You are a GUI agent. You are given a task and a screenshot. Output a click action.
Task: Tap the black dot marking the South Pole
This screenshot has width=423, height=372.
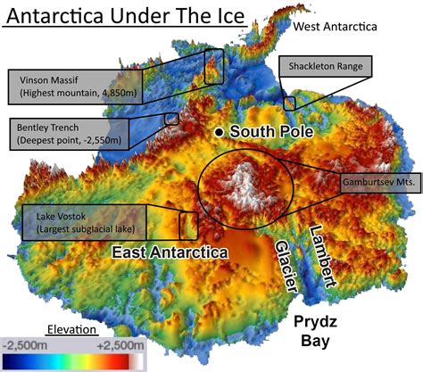pyautogui.click(x=219, y=132)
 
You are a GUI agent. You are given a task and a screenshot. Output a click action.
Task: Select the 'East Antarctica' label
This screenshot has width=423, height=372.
pyautogui.click(x=170, y=253)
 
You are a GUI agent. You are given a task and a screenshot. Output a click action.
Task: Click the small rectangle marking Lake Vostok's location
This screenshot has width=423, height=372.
pyautogui.click(x=188, y=226)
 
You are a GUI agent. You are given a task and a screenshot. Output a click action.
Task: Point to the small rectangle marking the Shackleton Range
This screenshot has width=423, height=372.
pyautogui.click(x=289, y=103)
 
